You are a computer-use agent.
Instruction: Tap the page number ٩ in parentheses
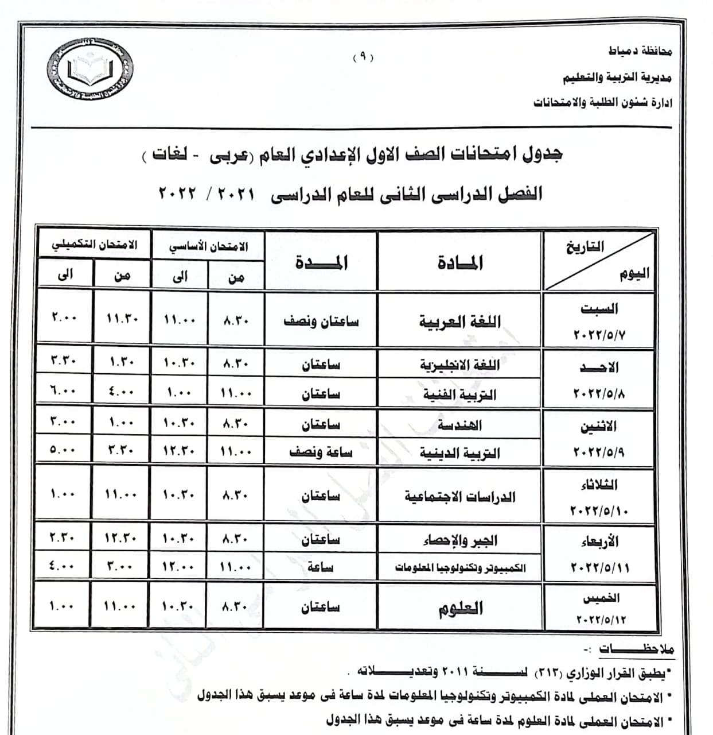click(x=363, y=57)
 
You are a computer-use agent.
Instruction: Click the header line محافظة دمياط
click(x=640, y=51)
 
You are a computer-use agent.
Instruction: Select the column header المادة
click(x=460, y=262)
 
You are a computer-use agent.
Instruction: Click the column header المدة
click(x=321, y=262)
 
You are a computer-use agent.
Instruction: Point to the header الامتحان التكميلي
click(x=95, y=245)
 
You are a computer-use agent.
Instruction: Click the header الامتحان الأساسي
click(x=208, y=246)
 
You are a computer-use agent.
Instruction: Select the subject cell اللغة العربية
click(x=459, y=322)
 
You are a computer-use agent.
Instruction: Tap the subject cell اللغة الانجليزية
click(x=459, y=365)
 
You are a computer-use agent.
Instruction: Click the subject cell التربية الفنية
click(x=459, y=394)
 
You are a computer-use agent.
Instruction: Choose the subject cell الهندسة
click(x=459, y=425)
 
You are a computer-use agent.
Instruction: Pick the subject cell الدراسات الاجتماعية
click(x=459, y=497)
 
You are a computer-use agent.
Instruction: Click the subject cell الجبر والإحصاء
click(x=459, y=540)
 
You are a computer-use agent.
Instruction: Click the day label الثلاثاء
click(x=599, y=485)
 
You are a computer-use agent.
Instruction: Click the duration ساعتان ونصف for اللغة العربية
click(x=321, y=322)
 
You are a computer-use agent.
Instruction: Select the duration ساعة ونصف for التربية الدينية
click(x=321, y=452)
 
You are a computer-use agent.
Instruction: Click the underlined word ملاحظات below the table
click(x=637, y=649)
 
